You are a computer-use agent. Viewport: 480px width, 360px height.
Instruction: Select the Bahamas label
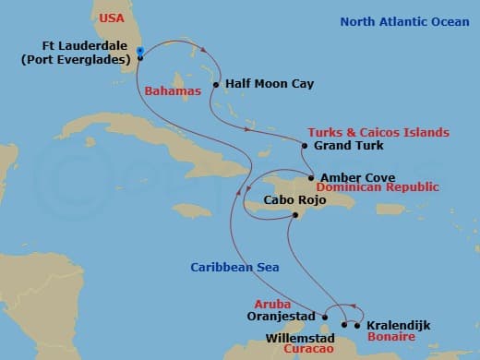pos(172,91)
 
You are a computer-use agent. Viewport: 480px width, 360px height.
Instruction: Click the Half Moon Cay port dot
pos(215,85)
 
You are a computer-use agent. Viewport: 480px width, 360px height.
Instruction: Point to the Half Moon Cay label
pos(270,84)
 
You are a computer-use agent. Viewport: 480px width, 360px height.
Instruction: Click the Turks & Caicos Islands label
pos(378,133)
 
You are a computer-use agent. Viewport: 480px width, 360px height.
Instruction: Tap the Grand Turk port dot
pos(304,145)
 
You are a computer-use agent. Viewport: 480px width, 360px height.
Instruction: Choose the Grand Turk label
pos(349,146)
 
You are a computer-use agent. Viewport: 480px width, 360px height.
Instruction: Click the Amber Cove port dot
pos(311,178)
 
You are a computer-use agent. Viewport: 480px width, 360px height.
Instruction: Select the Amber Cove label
pos(358,178)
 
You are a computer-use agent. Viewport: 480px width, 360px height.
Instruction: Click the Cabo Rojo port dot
pos(295,215)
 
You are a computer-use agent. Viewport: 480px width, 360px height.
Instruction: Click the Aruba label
pos(272,303)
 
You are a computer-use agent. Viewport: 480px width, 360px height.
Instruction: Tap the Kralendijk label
pos(399,326)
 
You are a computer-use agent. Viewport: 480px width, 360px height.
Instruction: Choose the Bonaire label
pos(390,337)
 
